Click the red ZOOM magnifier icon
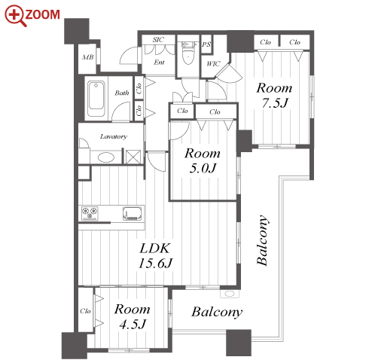coord(15,16)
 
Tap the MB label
coord(88,57)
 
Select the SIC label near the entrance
coord(158,39)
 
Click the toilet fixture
coord(188,53)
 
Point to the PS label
coord(206,44)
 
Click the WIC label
coord(213,64)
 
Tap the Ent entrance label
coord(159,62)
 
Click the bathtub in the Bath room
coord(96,99)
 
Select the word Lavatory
coord(114,136)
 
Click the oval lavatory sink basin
coord(106,157)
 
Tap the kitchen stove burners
coord(90,213)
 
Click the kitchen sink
coord(132,213)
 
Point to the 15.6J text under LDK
coord(156,264)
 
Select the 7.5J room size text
coord(275,103)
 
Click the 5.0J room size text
coord(203,168)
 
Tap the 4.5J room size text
coord(133,325)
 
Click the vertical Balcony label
coord(262,240)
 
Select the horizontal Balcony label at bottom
coord(217,313)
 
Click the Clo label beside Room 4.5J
coord(85,311)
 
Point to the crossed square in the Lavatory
coord(133,157)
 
